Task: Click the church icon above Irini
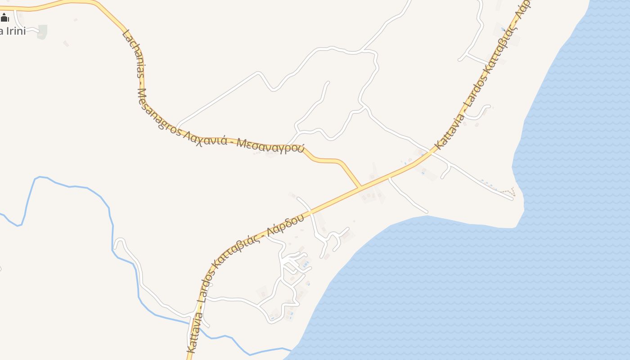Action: [4, 18]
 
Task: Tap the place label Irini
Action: [13, 31]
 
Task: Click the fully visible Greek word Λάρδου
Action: [283, 225]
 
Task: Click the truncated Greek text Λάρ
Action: [525, 7]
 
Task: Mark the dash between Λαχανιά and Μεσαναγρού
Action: [232, 141]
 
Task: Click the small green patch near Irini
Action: [42, 32]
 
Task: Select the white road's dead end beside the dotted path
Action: [512, 198]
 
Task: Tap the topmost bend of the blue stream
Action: [40, 177]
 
